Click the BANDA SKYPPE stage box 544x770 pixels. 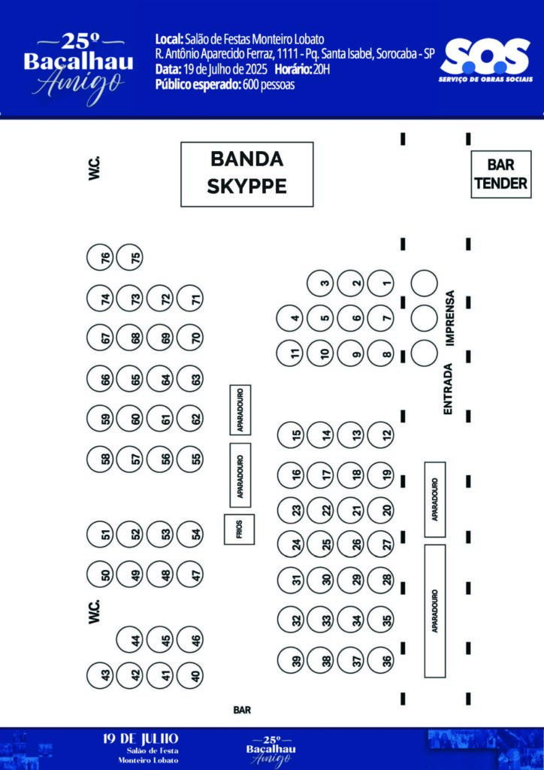[246, 174]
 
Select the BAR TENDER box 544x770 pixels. [501, 174]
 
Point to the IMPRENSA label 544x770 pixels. [451, 317]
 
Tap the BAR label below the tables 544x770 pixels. [242, 710]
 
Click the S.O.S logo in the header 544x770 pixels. [485, 60]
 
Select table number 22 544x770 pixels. [326, 510]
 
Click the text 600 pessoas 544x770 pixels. [268, 85]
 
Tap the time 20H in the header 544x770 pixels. [320, 70]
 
